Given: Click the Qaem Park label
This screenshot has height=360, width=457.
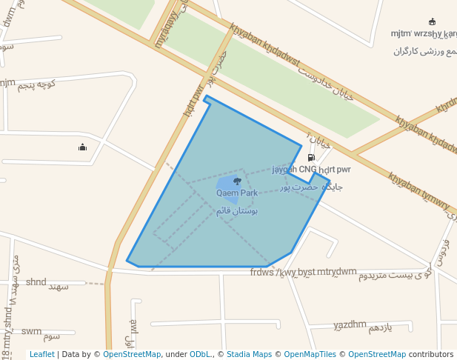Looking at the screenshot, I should pyautogui.click(x=237, y=193).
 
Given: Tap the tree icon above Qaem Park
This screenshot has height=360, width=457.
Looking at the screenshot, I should pyautogui.click(x=237, y=181).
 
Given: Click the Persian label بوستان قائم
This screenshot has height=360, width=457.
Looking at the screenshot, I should pyautogui.click(x=237, y=211).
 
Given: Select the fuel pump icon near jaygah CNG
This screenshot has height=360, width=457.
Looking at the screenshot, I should pyautogui.click(x=310, y=157).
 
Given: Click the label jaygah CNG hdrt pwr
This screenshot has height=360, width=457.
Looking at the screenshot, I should pyautogui.click(x=311, y=170).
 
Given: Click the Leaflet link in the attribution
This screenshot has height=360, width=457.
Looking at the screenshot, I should pyautogui.click(x=41, y=354).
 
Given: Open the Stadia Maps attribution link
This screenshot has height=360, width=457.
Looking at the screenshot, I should pyautogui.click(x=249, y=354).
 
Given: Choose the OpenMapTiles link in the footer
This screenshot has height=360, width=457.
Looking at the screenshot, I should pyautogui.click(x=310, y=354).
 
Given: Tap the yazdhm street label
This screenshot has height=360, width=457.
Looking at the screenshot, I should pyautogui.click(x=350, y=324).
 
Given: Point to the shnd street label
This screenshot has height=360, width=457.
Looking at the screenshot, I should pyautogui.click(x=36, y=281).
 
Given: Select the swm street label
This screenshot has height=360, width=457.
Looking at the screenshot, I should pyautogui.click(x=31, y=331).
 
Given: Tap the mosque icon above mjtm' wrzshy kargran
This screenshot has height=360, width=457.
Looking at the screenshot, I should pyautogui.click(x=432, y=21).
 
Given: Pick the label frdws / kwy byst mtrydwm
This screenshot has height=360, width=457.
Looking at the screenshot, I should pyautogui.click(x=303, y=272).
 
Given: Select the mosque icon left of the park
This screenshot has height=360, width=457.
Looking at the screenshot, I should pyautogui.click(x=82, y=147).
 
